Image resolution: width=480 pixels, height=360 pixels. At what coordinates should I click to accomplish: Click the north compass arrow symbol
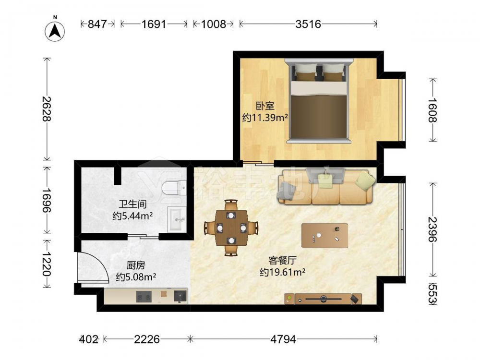click(x=55, y=31)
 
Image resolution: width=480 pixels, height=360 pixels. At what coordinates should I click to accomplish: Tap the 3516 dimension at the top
click(x=308, y=24)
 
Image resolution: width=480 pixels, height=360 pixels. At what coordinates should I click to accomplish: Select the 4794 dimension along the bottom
click(x=283, y=339)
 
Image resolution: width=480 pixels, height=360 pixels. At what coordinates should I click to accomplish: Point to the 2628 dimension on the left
click(x=47, y=108)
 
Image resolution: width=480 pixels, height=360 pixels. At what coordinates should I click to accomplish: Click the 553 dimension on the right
click(x=432, y=294)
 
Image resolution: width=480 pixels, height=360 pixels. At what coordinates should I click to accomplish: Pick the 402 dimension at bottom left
click(x=89, y=339)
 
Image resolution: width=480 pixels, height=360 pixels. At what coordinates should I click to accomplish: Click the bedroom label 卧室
click(x=265, y=106)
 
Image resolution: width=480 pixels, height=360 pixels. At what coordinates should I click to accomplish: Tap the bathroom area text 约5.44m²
click(x=132, y=216)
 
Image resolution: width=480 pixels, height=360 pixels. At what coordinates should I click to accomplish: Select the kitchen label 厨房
click(x=136, y=265)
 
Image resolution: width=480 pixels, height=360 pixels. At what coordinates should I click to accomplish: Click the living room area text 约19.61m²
click(x=282, y=272)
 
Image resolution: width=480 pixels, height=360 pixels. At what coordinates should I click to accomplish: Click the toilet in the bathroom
click(x=174, y=188)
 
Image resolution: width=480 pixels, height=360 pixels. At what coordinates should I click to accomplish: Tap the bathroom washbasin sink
click(x=177, y=219)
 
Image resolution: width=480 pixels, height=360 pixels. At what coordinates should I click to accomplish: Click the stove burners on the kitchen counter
click(x=144, y=296)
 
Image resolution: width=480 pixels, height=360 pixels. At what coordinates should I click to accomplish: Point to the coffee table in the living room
click(x=324, y=235)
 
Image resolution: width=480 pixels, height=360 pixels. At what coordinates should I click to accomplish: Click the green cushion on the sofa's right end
click(x=365, y=180)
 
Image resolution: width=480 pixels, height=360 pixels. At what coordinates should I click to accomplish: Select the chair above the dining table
click(x=231, y=205)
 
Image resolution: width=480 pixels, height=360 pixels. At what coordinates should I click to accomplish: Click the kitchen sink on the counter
click(x=180, y=296)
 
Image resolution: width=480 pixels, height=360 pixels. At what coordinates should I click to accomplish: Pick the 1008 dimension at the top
click(x=214, y=24)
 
